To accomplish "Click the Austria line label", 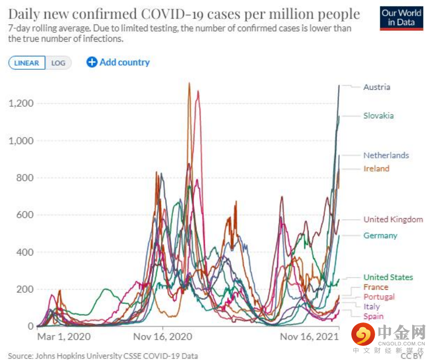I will point(376,87).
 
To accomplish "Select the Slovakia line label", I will point(378,116).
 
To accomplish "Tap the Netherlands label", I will point(386,155).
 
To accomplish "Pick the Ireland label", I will point(376,169).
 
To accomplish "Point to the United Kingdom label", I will point(393,220).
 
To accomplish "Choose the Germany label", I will point(380,235).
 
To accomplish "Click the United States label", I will point(388,277).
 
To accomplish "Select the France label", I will point(376,287).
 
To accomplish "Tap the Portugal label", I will point(379,297).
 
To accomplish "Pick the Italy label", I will point(372,307).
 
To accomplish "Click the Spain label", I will point(373,316).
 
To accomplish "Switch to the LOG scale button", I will point(58,63).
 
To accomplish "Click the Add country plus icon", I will point(92,63).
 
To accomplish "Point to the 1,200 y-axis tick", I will point(21,103).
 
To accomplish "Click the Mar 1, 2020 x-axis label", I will point(64,337).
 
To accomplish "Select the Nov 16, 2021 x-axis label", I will point(310,337).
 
